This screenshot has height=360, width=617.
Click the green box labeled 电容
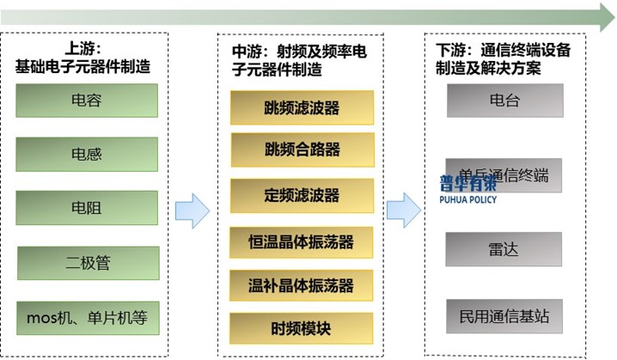click(x=87, y=101)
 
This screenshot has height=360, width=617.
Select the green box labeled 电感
click(x=87, y=155)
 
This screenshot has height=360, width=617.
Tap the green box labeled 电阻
click(x=87, y=208)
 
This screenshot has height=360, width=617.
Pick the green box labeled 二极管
click(x=88, y=263)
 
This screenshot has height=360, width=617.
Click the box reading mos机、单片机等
click(x=87, y=318)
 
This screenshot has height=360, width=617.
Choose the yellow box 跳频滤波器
click(x=302, y=108)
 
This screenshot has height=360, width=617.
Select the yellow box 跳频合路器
click(x=302, y=149)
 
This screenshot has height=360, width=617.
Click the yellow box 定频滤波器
click(x=302, y=196)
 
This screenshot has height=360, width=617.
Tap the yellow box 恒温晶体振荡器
click(x=302, y=241)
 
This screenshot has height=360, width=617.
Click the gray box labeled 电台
click(x=504, y=101)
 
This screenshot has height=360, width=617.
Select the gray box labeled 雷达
click(x=504, y=248)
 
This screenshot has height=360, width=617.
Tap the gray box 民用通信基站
click(x=504, y=316)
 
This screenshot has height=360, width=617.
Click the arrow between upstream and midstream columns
click(x=192, y=211)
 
